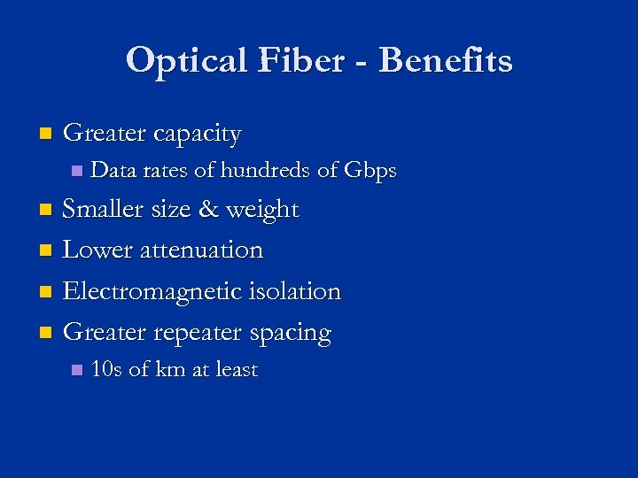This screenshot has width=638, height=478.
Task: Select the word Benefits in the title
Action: click(x=446, y=61)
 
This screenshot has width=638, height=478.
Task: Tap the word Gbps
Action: click(x=370, y=170)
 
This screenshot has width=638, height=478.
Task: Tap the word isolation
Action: click(x=296, y=291)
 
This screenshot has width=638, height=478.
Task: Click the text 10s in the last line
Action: click(x=106, y=370)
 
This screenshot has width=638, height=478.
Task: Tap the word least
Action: click(x=235, y=370)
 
